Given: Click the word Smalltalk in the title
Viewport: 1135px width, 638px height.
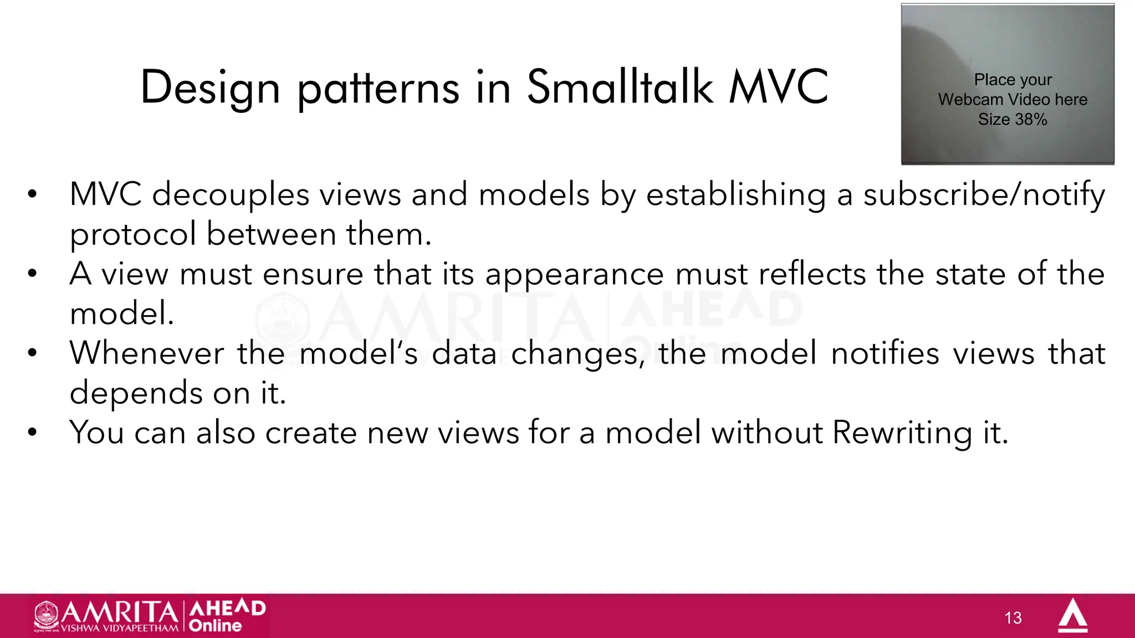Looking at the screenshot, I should tap(620, 87).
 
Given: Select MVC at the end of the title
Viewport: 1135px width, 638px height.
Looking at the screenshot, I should tap(778, 87).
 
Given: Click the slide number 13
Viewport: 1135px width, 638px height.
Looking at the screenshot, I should tap(1013, 618).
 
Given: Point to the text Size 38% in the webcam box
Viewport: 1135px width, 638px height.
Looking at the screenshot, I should tap(1012, 120).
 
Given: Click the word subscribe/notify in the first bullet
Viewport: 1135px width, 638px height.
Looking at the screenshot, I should tap(984, 195).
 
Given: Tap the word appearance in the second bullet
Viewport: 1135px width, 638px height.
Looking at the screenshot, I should tap(574, 275).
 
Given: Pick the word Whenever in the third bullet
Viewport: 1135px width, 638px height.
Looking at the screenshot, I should tap(147, 353).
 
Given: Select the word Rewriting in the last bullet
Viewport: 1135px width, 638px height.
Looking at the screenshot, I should tap(902, 433).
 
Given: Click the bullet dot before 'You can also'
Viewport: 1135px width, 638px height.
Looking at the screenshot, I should tap(33, 433).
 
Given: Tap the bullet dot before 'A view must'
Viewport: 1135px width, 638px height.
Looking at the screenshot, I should tap(33, 274).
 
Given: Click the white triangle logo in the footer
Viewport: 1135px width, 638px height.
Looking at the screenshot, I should tap(1072, 616).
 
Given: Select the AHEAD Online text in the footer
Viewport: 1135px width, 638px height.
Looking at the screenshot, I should tap(227, 616).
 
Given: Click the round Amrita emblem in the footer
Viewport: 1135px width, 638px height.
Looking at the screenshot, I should tap(47, 615).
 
